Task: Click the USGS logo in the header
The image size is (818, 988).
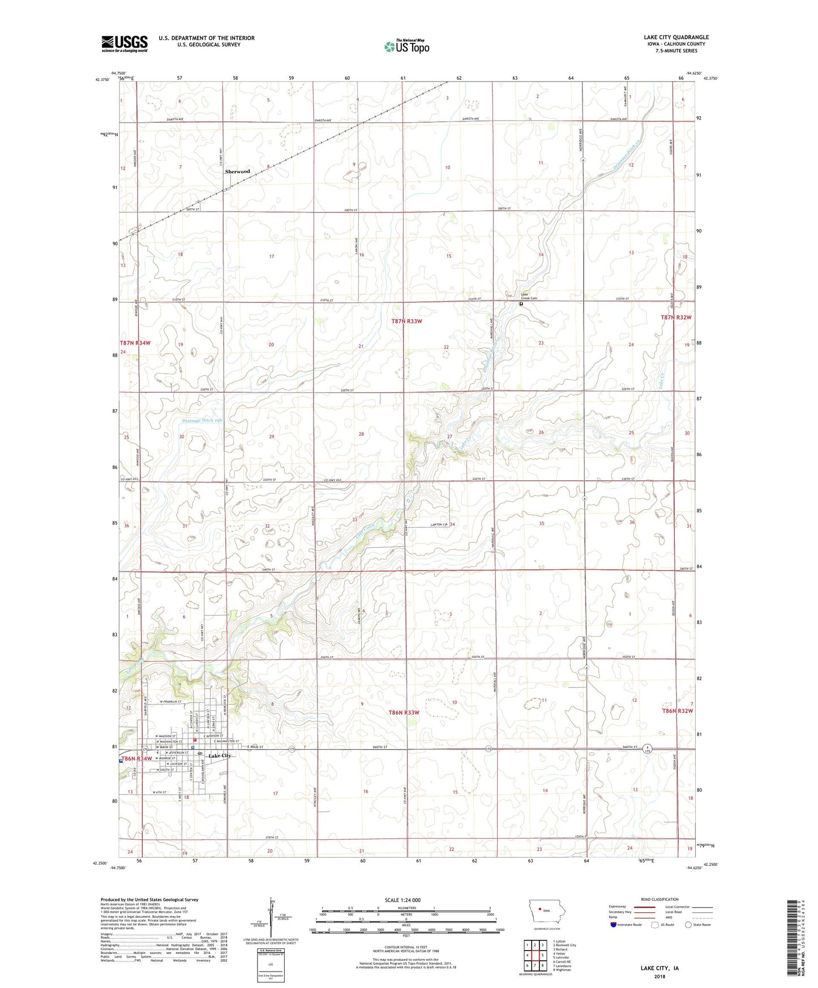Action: (x=124, y=44)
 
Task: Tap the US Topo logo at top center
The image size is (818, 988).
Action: (x=406, y=46)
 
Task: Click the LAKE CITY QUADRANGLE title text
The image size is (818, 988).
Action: (x=676, y=37)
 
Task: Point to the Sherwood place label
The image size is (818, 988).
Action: (x=237, y=171)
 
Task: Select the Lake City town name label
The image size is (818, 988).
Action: (x=220, y=756)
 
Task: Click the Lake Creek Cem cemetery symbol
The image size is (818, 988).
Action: (x=521, y=303)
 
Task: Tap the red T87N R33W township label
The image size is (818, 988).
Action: (x=407, y=321)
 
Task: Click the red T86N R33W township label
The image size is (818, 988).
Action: (x=404, y=712)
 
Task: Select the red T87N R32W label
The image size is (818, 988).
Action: (x=676, y=317)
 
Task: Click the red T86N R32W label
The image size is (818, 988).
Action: (x=678, y=711)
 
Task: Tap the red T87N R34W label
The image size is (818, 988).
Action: (x=135, y=343)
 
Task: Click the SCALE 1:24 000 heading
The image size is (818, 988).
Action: (x=402, y=900)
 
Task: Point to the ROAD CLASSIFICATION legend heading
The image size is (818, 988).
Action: (x=659, y=899)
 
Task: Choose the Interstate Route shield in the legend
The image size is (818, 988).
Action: (x=614, y=925)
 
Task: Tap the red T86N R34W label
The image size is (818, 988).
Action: (x=136, y=759)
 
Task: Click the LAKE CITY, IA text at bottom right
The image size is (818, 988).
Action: (x=659, y=968)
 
